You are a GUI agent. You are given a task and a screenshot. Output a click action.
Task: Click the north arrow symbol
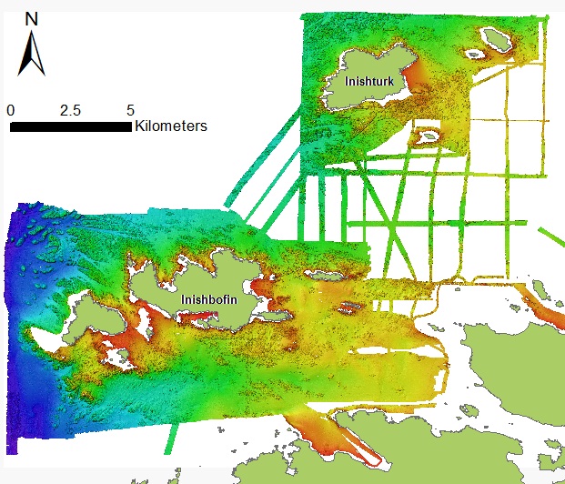32,54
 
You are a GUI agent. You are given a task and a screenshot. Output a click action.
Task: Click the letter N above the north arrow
32,18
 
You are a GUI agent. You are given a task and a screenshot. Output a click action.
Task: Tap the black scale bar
70,126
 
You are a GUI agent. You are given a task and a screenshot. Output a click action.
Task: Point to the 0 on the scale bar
10,110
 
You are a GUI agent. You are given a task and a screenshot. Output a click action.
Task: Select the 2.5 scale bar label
70,110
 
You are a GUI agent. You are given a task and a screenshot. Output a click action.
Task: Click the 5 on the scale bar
130,110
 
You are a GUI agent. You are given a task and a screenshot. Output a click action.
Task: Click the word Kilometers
170,126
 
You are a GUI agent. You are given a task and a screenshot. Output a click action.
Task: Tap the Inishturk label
368,80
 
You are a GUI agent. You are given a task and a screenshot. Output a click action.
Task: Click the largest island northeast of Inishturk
497,38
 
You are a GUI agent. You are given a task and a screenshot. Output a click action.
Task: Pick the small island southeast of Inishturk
426,136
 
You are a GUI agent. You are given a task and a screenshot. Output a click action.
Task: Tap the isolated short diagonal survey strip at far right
550,238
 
